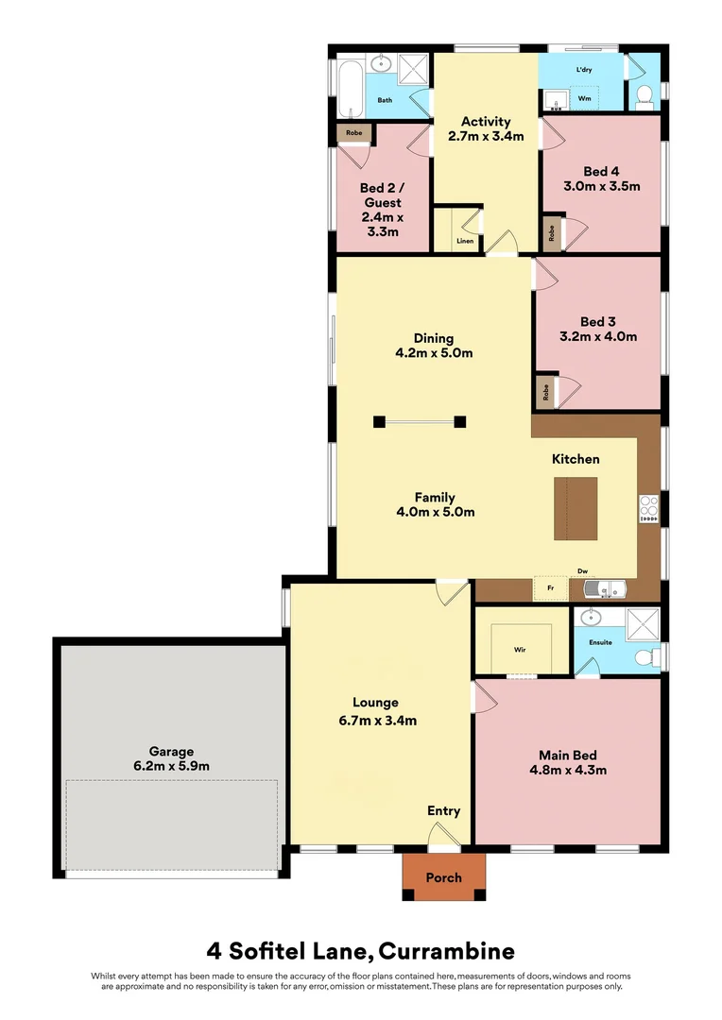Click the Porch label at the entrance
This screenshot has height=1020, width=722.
coord(443,877)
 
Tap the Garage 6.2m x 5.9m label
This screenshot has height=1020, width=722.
coord(172,756)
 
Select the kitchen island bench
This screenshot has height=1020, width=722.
coord(576,508)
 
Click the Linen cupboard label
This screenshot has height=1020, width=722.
coord(465,241)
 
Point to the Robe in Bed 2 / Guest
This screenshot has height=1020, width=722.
coord(353,134)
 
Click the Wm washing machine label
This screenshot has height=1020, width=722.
coord(584,98)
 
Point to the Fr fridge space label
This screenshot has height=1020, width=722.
coord(550,588)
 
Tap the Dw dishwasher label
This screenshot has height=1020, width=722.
coord(583,571)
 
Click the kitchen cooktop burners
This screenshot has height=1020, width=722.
coord(649,507)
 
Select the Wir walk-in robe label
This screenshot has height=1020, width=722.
coord(520,650)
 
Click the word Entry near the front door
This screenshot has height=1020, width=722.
coord(443,810)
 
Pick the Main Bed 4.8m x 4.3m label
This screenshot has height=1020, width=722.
coord(567,762)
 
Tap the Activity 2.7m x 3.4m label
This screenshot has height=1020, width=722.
coord(486,128)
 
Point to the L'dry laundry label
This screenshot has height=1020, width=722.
coord(584,71)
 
